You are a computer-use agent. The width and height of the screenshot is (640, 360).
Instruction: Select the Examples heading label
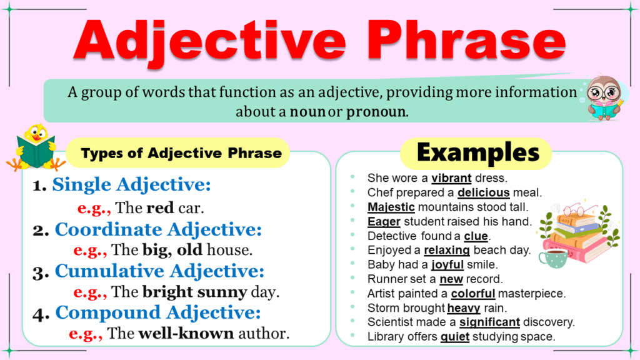pyautogui.click(x=478, y=152)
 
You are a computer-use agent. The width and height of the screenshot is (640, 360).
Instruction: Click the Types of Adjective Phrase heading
pyautogui.click(x=182, y=153)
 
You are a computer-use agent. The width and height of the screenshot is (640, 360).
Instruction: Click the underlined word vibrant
pyautogui.click(x=451, y=177)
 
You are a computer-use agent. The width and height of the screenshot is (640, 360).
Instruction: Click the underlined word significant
pyautogui.click(x=489, y=322)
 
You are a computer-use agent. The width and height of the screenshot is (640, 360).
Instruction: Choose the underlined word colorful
pyautogui.click(x=472, y=293)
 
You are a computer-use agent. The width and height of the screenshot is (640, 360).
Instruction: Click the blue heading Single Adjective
pyautogui.click(x=131, y=184)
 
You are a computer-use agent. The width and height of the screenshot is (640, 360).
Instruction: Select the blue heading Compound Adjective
pyautogui.click(x=158, y=312)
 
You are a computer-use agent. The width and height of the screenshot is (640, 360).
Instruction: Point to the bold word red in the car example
pyautogui.click(x=158, y=207)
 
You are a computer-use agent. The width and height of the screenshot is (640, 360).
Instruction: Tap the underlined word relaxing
pyautogui.click(x=446, y=250)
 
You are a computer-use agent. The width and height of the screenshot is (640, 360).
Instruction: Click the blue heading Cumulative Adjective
pyautogui.click(x=159, y=271)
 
